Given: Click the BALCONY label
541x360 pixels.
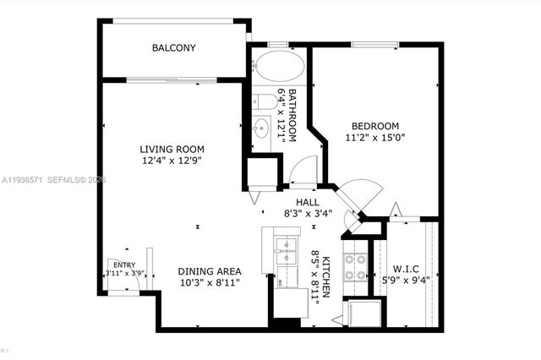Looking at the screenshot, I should (x=173, y=48).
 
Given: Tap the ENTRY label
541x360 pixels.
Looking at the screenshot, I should (x=124, y=265).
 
